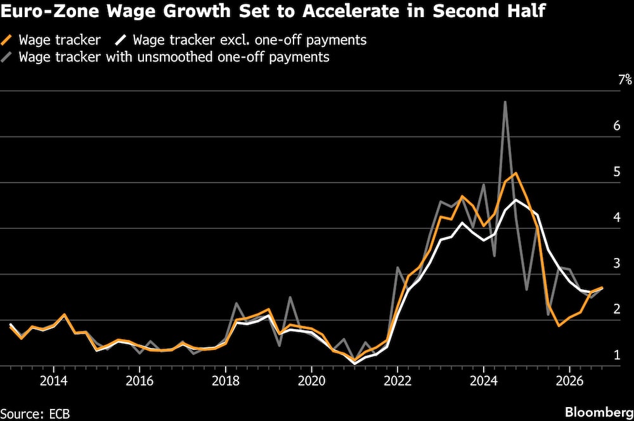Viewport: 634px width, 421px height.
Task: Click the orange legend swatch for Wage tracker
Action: click(x=8, y=40)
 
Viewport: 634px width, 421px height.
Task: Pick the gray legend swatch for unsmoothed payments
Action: click(x=8, y=56)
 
